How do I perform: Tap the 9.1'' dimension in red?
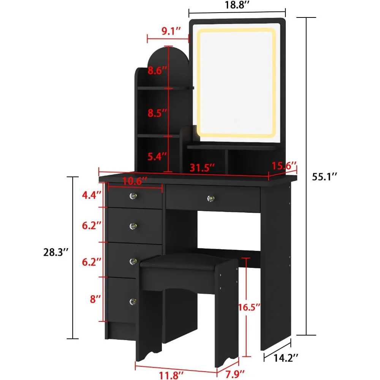point(168,31)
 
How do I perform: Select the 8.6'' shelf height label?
point(158,70)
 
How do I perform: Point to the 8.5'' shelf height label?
point(158,112)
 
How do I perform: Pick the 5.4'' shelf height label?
point(158,156)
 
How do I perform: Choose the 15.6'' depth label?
point(284,166)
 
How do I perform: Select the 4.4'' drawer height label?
point(92,195)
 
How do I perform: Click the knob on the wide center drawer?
point(210,198)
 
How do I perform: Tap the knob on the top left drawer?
point(133,196)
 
